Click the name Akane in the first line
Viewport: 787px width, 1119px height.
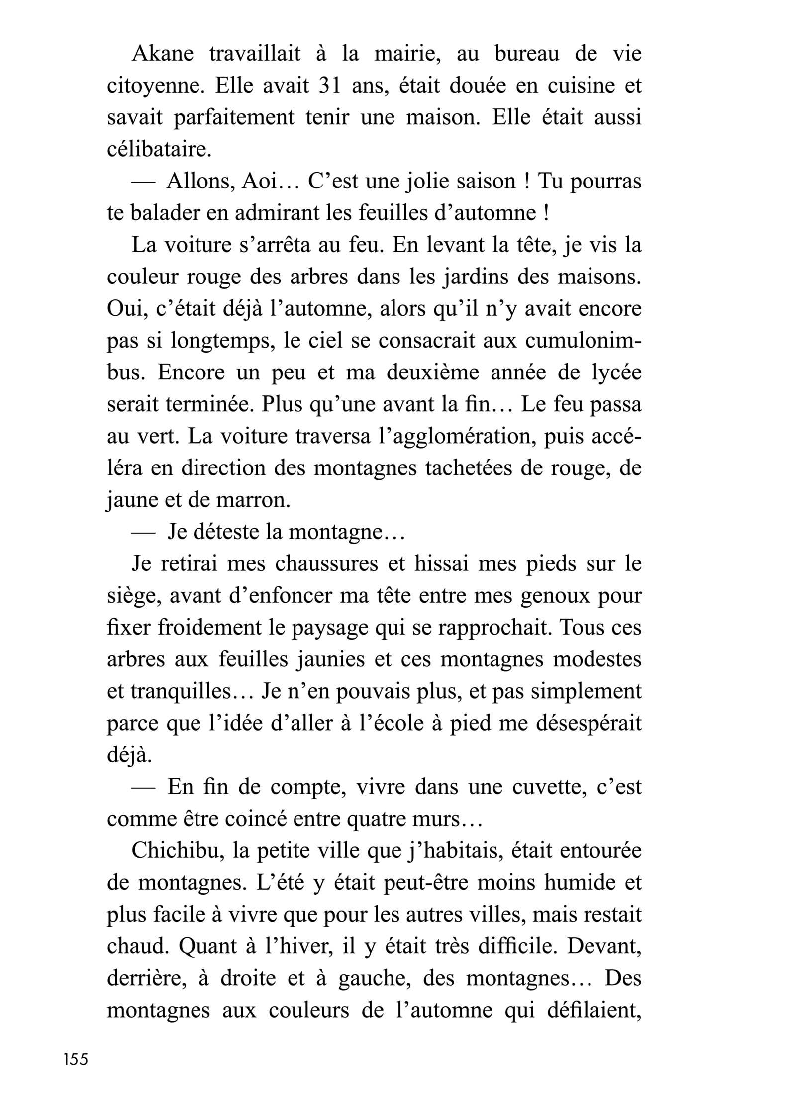pos(162,54)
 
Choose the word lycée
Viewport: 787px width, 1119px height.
pos(616,373)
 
